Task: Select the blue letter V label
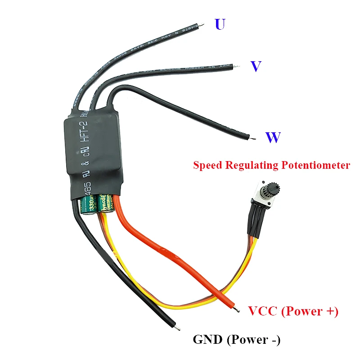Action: (256, 67)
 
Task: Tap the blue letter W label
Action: (273, 137)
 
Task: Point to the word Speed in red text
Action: (207, 165)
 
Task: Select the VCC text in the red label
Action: (264, 311)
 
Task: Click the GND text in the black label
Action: (207, 340)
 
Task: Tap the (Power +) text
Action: (310, 311)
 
